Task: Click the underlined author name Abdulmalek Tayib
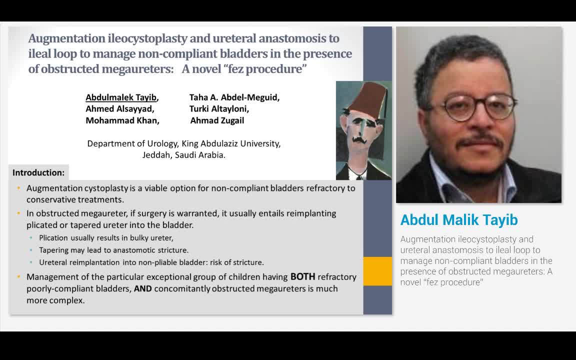coord(120,97)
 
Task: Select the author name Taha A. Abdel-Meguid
coord(234,97)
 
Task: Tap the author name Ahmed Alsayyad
coord(119,108)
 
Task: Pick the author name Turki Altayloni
coord(218,108)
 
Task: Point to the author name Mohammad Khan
coord(122,120)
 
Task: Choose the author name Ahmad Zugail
coord(217,120)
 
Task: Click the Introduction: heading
coord(38,172)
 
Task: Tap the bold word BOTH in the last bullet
coord(302,276)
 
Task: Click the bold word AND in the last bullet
coord(142,288)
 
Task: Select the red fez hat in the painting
coord(365,100)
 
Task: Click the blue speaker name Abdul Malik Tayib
coord(459,220)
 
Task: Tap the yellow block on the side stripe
coord(377,271)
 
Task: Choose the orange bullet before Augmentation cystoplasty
coord(19,188)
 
